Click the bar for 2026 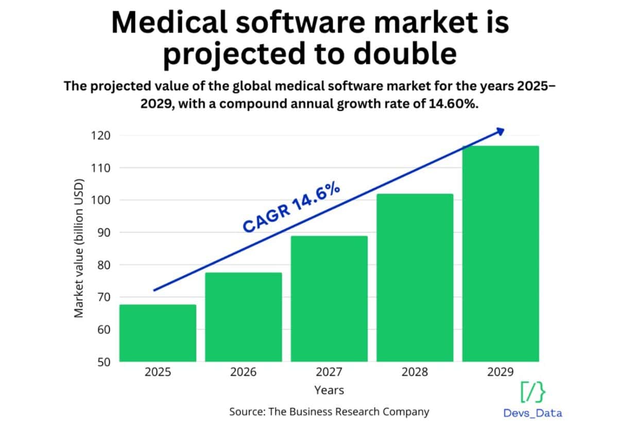pyautogui.click(x=243, y=317)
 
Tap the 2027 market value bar pyautogui.click(x=329, y=299)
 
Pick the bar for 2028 pyautogui.click(x=415, y=278)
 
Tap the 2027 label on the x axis pyautogui.click(x=329, y=371)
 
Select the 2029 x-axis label pyautogui.click(x=501, y=371)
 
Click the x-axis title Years pyautogui.click(x=329, y=390)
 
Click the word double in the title pyautogui.click(x=406, y=55)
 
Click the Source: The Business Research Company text pyautogui.click(x=329, y=412)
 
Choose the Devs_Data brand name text pyautogui.click(x=533, y=413)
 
